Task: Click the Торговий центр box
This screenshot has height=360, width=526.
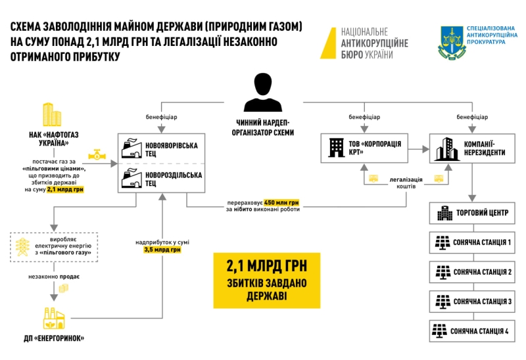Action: pyautogui.click(x=473, y=213)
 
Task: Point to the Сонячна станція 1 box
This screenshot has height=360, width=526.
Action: pyautogui.click(x=473, y=242)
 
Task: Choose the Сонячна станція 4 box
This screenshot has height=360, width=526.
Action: pyautogui.click(x=473, y=331)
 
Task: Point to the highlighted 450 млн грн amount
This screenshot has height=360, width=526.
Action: pyautogui.click(x=282, y=204)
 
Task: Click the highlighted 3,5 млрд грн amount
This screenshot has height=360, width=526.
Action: pyautogui.click(x=158, y=250)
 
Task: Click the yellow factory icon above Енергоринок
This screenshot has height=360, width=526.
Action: pyautogui.click(x=54, y=317)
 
